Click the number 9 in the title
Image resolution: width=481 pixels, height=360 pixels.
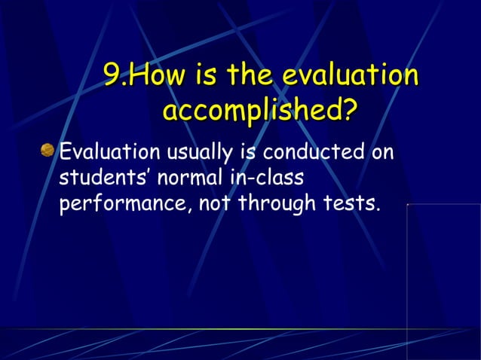111,76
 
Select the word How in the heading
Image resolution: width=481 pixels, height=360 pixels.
154,76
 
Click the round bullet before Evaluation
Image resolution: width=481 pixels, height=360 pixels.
48,152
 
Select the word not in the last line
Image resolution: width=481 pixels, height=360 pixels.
213,204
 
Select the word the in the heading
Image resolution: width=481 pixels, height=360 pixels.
250,76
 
